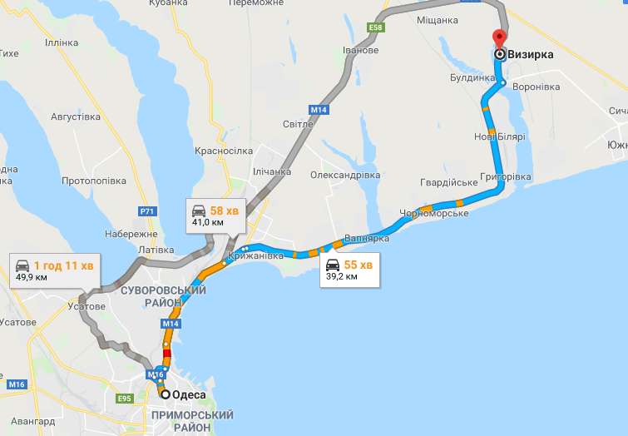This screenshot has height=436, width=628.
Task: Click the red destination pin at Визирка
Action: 499,38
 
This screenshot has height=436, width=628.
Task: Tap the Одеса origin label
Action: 189,395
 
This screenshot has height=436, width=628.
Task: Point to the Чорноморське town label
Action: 435,214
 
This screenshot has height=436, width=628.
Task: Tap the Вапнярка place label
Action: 366,238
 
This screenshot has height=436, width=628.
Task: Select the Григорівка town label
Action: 506,177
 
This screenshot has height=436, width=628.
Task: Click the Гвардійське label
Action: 449,182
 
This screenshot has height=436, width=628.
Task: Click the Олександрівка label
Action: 345,176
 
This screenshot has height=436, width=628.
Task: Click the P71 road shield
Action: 147,212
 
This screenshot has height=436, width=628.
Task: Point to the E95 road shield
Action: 126,399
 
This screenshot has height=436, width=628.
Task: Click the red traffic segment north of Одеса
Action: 166,356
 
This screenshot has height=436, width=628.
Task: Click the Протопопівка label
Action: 94,181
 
